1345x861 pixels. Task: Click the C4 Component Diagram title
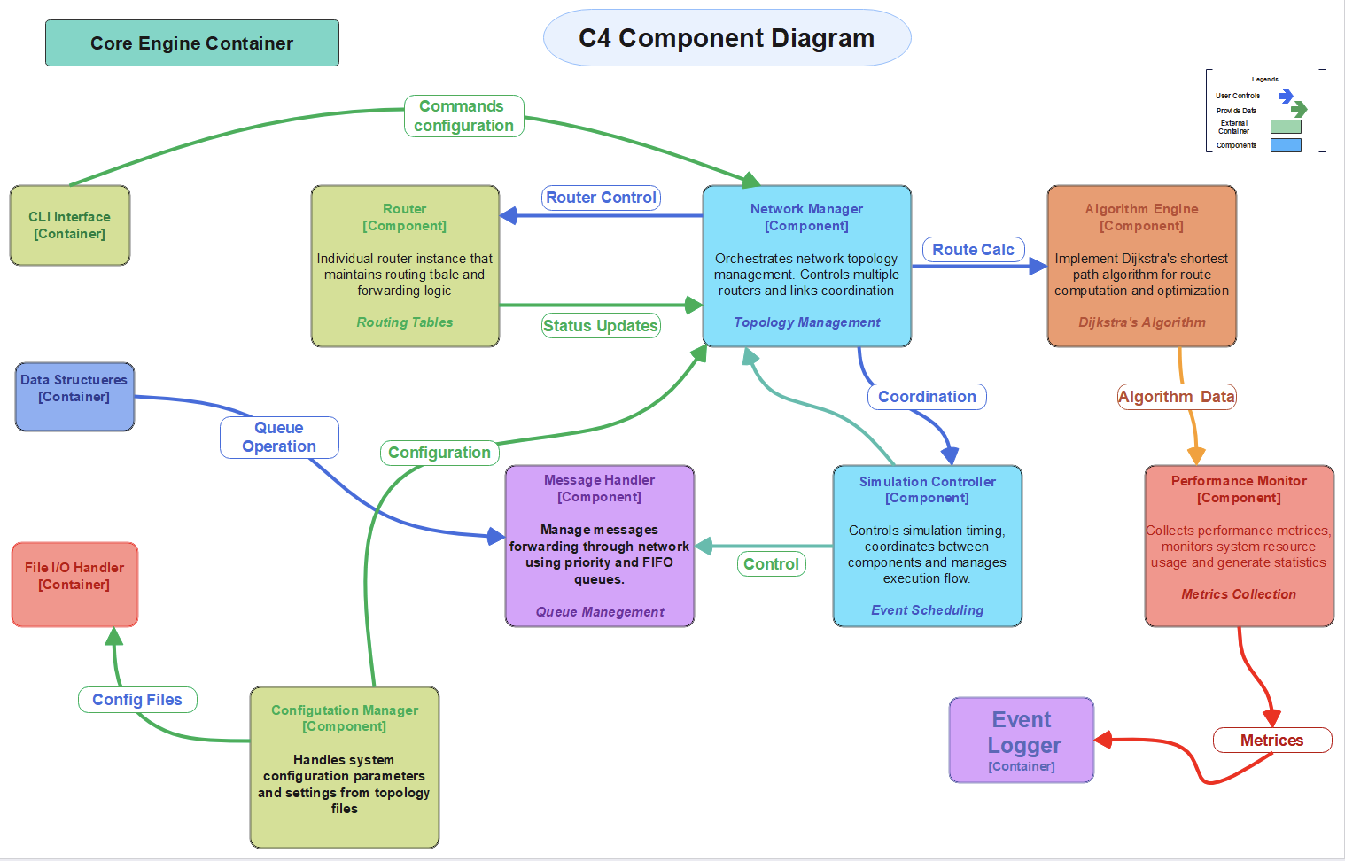(727, 38)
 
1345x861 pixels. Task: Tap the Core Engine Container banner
(191, 43)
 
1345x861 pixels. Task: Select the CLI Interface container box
(70, 225)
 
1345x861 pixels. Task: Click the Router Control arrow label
(601, 198)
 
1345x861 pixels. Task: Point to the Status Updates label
(601, 326)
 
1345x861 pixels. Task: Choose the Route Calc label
(973, 250)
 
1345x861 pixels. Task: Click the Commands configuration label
(463, 116)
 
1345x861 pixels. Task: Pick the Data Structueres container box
(74, 396)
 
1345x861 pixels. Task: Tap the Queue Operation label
(279, 438)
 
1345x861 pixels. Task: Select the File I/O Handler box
(74, 584)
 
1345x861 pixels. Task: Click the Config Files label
(137, 700)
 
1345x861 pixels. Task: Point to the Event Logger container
(1022, 741)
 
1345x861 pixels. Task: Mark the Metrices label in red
(1271, 741)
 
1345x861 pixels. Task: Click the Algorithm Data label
(1176, 397)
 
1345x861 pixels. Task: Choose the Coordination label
(927, 397)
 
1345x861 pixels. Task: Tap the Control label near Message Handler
(771, 564)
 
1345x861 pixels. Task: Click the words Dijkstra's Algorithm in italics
(1141, 322)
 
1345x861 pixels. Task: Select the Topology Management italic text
(806, 322)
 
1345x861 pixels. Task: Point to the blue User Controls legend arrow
(1286, 95)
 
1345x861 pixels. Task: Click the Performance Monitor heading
(1239, 481)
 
